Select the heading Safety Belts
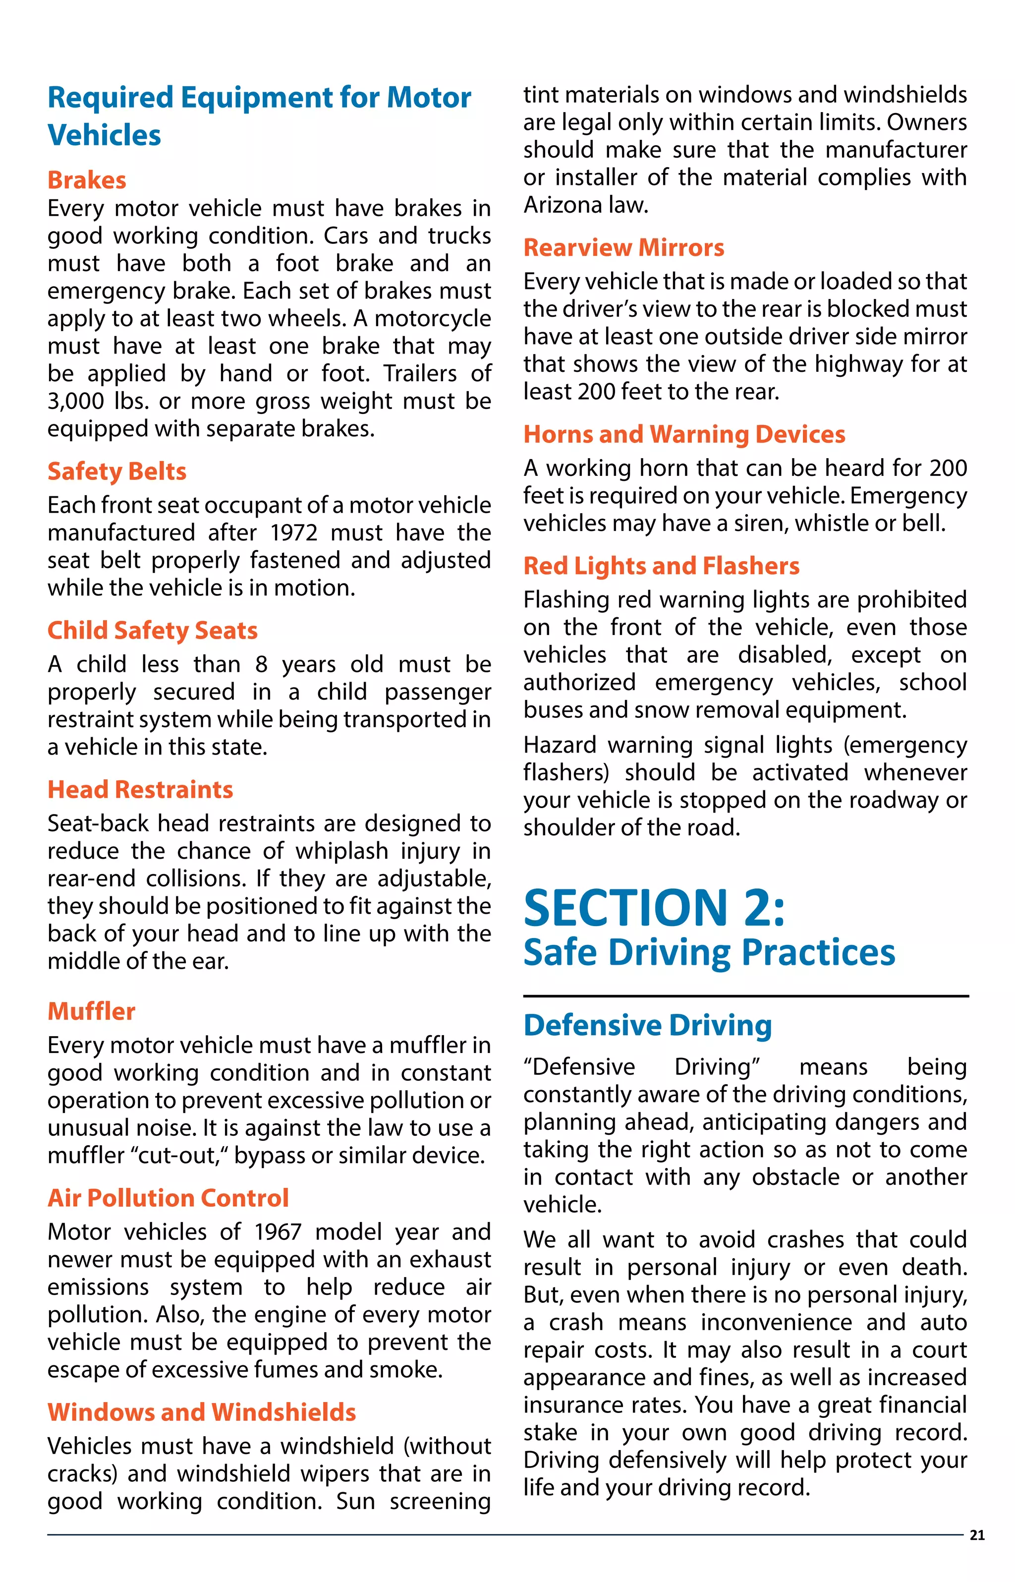[116, 471]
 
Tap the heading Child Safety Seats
[152, 630]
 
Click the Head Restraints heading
[140, 790]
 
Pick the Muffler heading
[91, 1011]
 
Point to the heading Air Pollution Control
[168, 1198]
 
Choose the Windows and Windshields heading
[202, 1412]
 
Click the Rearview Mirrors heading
[623, 248]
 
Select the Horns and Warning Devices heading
[684, 434]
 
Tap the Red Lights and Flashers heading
[661, 566]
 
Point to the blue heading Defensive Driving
[647, 1026]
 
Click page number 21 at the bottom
[977, 1535]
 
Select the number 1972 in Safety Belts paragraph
[294, 532]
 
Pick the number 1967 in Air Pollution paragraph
[278, 1232]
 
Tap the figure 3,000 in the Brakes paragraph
[76, 402]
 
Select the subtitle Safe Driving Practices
[709, 953]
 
